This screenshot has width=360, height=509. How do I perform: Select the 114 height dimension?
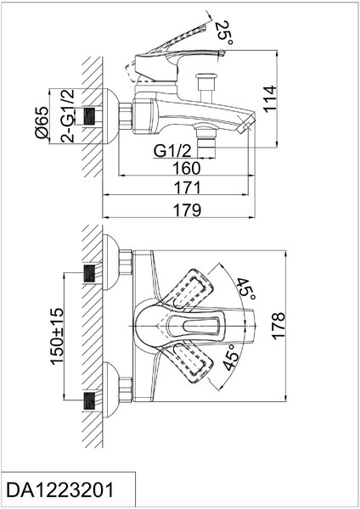[270, 99]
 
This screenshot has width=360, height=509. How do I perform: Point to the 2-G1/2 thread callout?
[67, 115]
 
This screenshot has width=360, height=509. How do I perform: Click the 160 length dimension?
[187, 168]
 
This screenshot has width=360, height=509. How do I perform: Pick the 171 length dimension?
[188, 188]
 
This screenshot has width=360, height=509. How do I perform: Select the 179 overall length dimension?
[187, 210]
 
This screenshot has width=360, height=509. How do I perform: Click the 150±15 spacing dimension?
[57, 336]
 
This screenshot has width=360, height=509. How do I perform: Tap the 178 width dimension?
[278, 326]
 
